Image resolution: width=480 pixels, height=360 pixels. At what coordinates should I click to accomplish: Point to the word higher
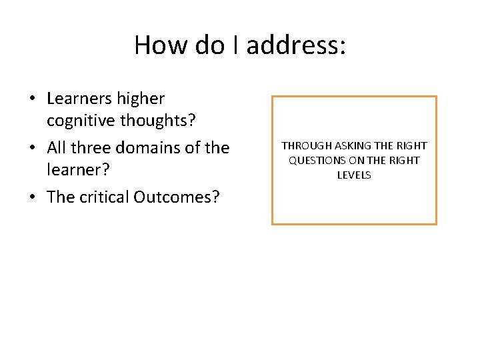point(141,99)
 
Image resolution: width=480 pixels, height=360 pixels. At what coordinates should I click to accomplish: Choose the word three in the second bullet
point(92,147)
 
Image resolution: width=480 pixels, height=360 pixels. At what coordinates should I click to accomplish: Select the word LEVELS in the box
point(354,175)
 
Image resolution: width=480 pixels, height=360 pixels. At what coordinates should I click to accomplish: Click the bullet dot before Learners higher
point(32,99)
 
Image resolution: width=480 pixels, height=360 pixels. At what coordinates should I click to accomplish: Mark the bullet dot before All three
point(32,148)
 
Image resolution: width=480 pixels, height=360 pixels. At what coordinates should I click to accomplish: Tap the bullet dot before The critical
point(32,198)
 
